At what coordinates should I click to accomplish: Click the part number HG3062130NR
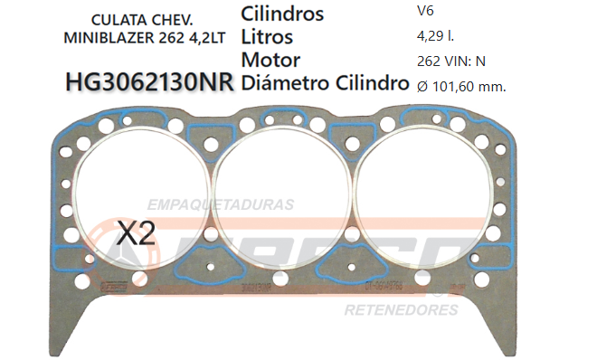pyautogui.click(x=150, y=83)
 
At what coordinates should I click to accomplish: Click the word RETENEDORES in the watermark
pyautogui.click(x=401, y=310)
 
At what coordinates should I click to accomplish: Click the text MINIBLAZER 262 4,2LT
pyautogui.click(x=145, y=38)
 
